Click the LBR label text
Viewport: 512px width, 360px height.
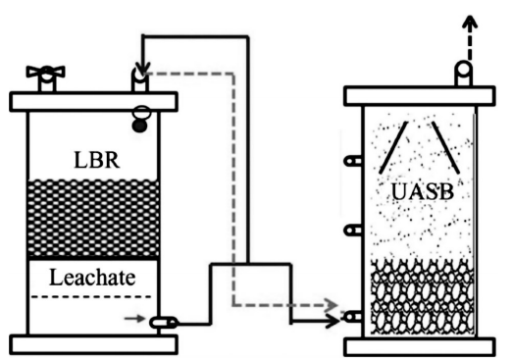(x=97, y=160)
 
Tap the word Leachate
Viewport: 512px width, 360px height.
(x=92, y=278)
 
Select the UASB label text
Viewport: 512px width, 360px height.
(x=423, y=191)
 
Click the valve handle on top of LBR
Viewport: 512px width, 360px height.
(x=46, y=73)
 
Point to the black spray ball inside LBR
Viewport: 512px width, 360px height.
(x=139, y=126)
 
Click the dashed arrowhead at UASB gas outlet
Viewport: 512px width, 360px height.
(x=470, y=23)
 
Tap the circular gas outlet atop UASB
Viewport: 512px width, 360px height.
(x=464, y=70)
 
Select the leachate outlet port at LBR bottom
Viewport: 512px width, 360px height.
(x=164, y=323)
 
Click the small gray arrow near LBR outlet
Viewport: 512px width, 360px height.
(x=134, y=318)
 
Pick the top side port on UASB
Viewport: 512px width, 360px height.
(x=353, y=161)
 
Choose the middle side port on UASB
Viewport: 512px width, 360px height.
(x=353, y=231)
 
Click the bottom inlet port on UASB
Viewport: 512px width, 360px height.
(x=353, y=317)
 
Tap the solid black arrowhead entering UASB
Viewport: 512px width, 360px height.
(x=333, y=322)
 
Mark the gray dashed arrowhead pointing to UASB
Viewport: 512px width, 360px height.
(x=331, y=305)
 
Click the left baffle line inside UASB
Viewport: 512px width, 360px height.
(x=393, y=147)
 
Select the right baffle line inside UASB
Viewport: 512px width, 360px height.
(x=446, y=147)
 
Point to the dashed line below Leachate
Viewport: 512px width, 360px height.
(x=91, y=297)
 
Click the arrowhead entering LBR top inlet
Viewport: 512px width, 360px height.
(x=142, y=68)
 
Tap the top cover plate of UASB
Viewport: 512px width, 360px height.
(x=420, y=96)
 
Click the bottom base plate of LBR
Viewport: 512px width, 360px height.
(x=93, y=344)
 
